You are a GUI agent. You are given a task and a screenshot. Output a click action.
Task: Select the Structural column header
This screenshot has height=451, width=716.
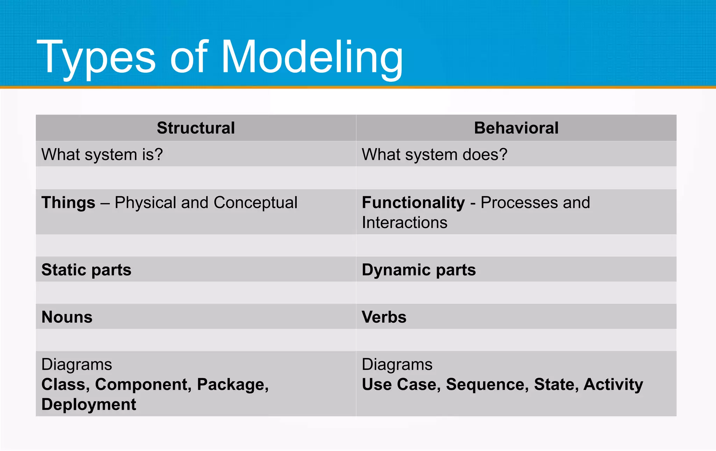[196, 128]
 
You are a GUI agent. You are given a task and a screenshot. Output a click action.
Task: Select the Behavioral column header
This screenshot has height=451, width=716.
[516, 128]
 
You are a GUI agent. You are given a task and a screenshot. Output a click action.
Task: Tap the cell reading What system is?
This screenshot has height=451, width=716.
[102, 155]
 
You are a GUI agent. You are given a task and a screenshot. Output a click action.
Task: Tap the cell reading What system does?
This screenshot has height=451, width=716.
[434, 155]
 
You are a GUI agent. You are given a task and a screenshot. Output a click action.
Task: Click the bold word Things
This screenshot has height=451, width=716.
[68, 203]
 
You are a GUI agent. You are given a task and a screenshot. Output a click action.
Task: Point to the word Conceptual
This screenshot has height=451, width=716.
[255, 203]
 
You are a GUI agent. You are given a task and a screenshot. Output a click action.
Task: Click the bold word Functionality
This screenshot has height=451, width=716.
[413, 203]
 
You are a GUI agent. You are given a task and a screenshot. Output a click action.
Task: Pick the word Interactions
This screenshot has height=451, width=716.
[404, 223]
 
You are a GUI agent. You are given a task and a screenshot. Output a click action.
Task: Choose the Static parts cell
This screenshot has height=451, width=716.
[86, 270]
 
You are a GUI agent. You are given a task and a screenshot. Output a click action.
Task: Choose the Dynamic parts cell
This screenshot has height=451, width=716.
[418, 270]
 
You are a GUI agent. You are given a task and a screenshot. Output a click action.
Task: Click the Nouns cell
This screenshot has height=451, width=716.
[67, 317]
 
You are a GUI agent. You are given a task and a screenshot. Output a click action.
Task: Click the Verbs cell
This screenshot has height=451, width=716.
[384, 317]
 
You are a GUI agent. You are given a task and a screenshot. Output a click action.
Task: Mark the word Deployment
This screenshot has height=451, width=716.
[88, 405]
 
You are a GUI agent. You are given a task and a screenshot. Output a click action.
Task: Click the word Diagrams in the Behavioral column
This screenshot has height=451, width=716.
[397, 365]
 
